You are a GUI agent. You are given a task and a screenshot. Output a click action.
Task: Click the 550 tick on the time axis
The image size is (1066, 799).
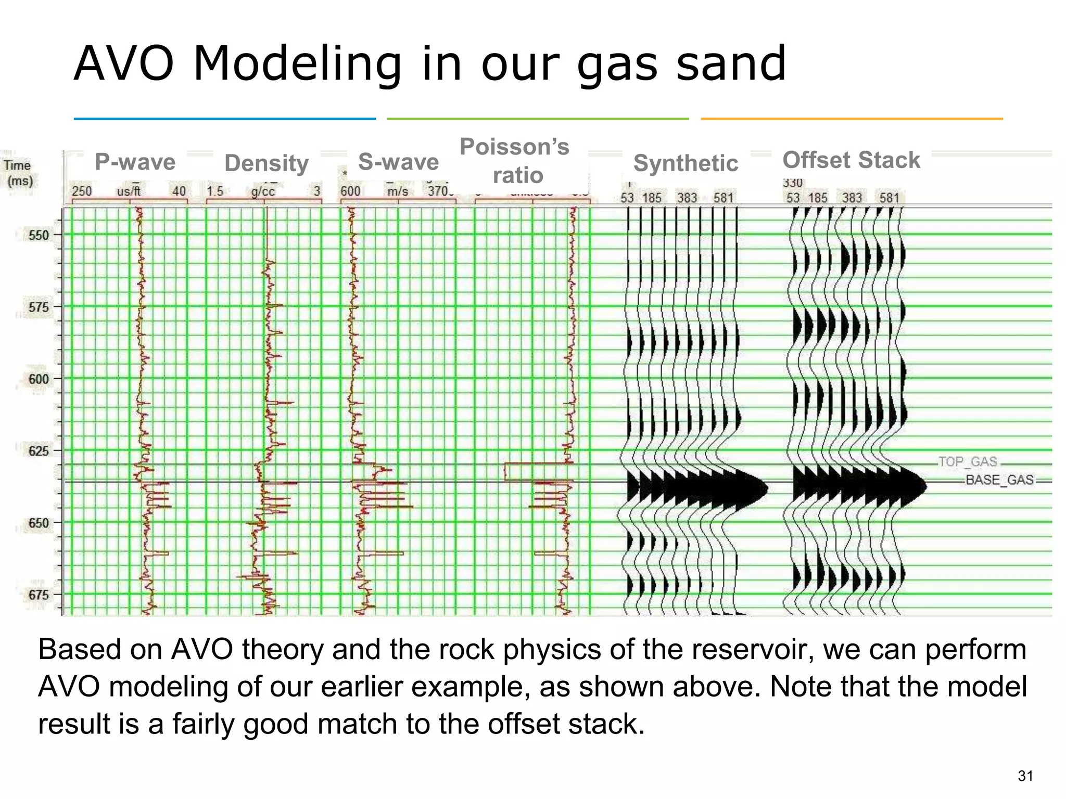[39, 235]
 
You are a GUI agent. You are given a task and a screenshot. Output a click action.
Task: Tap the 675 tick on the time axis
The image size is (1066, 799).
[39, 595]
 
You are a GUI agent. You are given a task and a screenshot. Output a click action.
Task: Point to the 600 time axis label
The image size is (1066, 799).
[39, 379]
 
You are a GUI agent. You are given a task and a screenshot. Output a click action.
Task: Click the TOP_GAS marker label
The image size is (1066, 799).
[968, 462]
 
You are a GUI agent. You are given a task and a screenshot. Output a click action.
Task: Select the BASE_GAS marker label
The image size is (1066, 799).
[999, 480]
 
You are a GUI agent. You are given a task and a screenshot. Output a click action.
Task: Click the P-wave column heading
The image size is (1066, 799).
[135, 162]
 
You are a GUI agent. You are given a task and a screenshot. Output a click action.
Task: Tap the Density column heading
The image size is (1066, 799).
[266, 163]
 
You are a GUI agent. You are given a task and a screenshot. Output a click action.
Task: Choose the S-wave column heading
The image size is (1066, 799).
[398, 162]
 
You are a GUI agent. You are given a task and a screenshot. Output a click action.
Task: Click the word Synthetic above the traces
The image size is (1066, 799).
[686, 163]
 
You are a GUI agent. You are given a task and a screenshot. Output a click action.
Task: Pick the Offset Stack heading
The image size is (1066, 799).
[852, 160]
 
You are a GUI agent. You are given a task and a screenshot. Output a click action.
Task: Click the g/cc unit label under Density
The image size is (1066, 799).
[263, 191]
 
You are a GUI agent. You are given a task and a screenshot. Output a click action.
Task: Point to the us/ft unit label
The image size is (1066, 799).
[129, 191]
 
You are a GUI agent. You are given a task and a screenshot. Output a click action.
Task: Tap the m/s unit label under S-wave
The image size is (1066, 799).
[398, 191]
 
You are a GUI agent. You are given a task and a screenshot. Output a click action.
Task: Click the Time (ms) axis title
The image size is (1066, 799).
[19, 173]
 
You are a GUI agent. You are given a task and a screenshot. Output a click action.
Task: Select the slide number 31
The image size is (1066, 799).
[1025, 776]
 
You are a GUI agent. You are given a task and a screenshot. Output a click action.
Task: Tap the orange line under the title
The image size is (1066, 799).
[852, 119]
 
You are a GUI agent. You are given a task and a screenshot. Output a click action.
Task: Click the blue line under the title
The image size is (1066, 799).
[224, 119]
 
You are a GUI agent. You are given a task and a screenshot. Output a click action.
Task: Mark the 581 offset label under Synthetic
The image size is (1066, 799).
[723, 198]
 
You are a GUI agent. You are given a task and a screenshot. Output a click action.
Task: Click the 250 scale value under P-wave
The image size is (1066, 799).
[82, 191]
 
